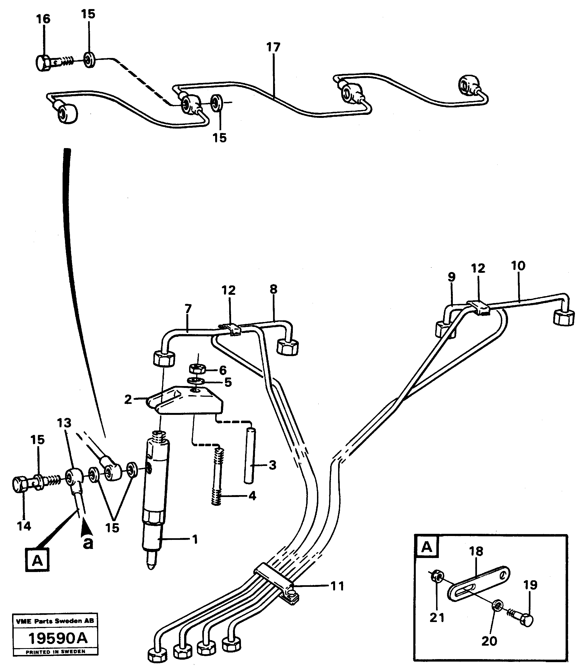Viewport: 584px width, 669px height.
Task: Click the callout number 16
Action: pyautogui.click(x=43, y=19)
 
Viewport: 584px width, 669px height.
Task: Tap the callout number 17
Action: pyautogui.click(x=273, y=48)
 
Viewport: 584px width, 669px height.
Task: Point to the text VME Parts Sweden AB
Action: pyautogui.click(x=55, y=621)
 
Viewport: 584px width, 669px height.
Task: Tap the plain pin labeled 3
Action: pyautogui.click(x=250, y=456)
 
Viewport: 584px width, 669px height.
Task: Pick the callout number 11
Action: pyautogui.click(x=337, y=586)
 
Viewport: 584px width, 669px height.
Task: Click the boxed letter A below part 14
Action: pyautogui.click(x=38, y=561)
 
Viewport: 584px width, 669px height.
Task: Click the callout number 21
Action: pyautogui.click(x=437, y=617)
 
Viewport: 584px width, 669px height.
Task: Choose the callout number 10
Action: pyautogui.click(x=518, y=266)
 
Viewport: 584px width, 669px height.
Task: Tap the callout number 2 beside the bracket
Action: pyautogui.click(x=128, y=399)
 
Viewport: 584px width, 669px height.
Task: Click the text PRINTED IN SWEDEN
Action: pyautogui.click(x=55, y=651)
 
